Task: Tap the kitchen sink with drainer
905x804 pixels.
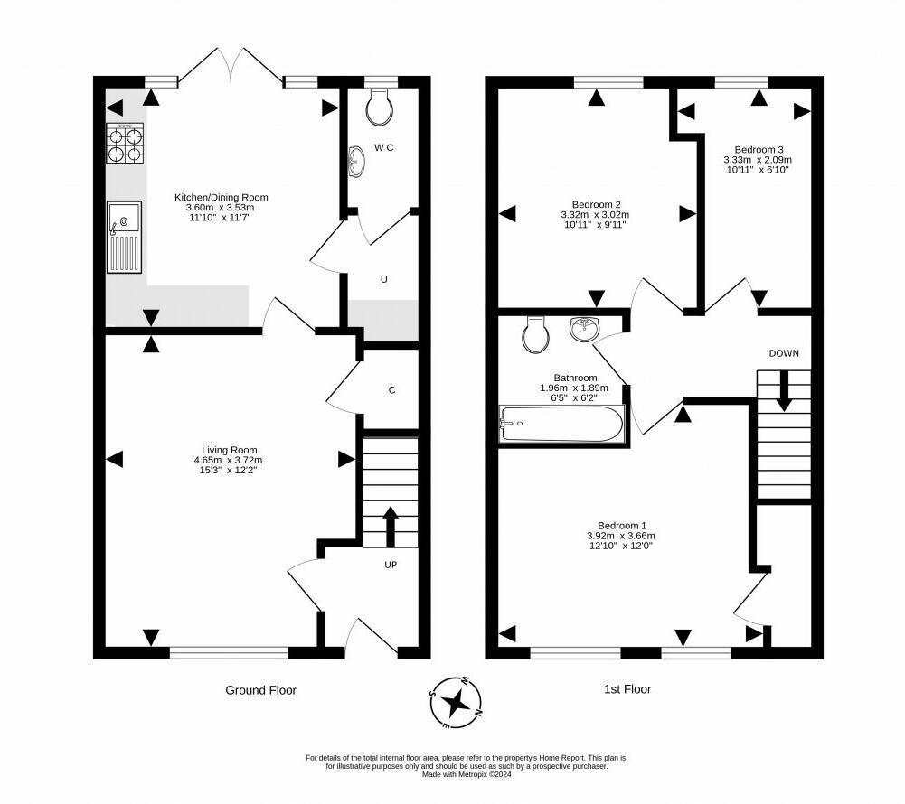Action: (124, 237)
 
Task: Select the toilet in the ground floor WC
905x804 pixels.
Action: (379, 108)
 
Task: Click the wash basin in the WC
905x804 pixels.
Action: (356, 161)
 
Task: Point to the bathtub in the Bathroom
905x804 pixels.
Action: (561, 425)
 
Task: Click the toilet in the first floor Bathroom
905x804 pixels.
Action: (535, 334)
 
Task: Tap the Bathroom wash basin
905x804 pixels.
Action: (585, 329)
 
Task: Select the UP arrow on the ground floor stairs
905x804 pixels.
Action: (391, 527)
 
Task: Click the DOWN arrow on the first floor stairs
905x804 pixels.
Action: (783, 390)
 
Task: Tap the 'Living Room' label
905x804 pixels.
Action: (229, 450)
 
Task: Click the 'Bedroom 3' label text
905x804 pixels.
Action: (759, 149)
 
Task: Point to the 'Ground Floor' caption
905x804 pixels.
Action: (261, 690)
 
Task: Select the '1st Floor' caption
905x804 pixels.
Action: (627, 688)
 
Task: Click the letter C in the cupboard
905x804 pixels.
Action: (391, 390)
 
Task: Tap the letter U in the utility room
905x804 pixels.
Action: (384, 280)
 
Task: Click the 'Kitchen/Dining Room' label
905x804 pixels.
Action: (222, 197)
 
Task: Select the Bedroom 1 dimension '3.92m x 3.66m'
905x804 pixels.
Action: (622, 535)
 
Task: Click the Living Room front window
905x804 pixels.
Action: (229, 652)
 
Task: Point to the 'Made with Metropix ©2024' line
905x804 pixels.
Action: (467, 774)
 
